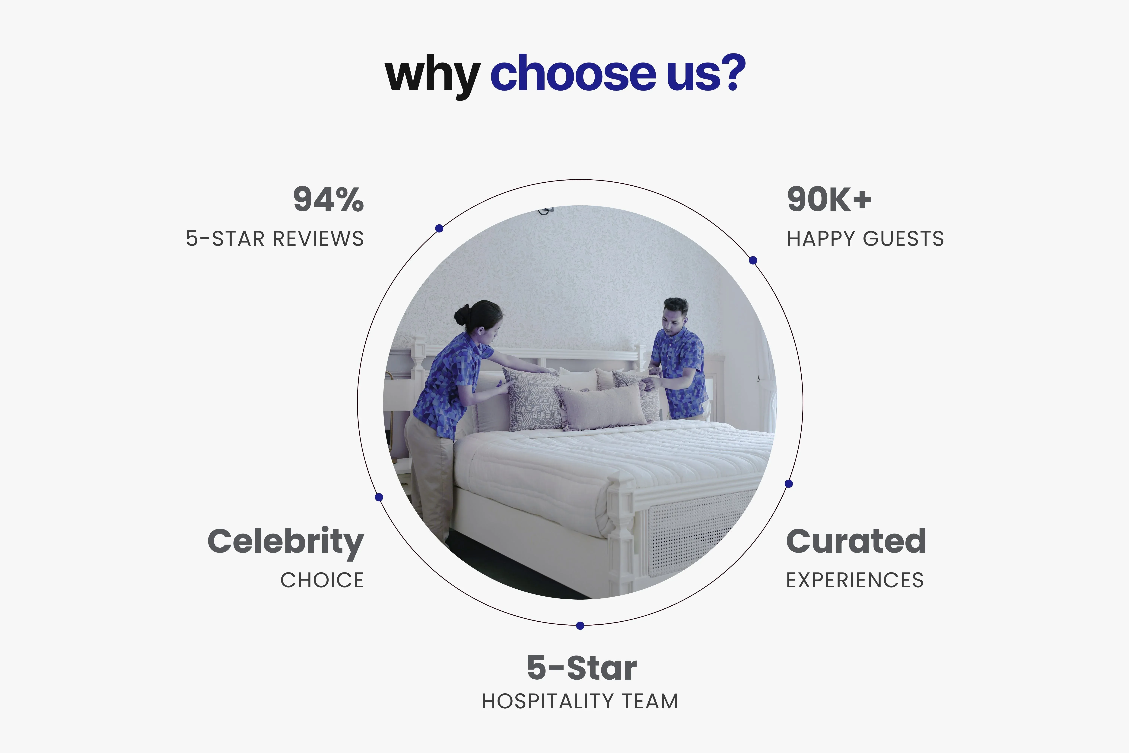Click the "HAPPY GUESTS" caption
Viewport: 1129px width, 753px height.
click(x=865, y=239)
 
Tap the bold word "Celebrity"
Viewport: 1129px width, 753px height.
click(x=286, y=543)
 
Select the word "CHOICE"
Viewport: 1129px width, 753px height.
click(x=322, y=580)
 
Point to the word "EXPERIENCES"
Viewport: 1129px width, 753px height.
click(x=855, y=580)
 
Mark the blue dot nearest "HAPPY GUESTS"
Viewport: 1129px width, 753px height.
click(x=753, y=260)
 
